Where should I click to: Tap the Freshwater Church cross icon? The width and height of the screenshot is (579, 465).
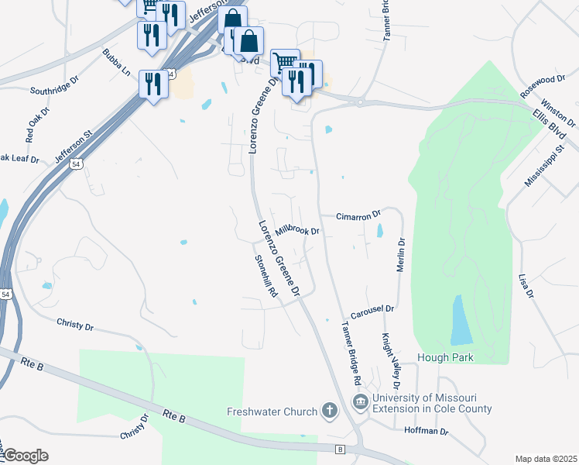point(330,411)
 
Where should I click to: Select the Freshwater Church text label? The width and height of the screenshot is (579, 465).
point(272,412)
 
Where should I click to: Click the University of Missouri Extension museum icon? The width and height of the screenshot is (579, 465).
point(360,402)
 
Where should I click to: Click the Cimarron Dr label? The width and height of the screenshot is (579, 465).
point(359,215)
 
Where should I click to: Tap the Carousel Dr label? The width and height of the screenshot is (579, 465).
point(372,312)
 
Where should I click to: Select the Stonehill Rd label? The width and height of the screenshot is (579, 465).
point(265,281)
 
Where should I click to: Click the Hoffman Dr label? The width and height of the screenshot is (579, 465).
point(427,430)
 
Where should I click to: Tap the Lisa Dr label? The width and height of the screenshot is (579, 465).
point(527,284)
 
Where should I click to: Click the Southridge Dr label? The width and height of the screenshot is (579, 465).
point(54,90)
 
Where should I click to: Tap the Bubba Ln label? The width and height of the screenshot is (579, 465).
point(116,64)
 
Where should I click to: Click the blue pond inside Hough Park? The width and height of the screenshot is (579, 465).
point(461,321)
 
